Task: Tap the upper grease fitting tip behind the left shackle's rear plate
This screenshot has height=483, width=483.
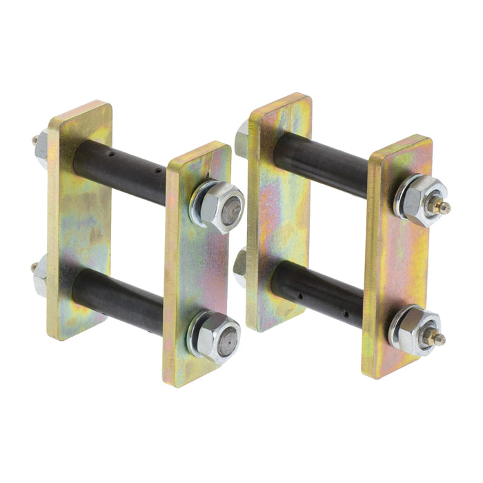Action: [34, 140]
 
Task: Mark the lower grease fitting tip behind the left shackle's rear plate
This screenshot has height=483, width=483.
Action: [33, 268]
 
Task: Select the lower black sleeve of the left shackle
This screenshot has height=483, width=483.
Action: [117, 301]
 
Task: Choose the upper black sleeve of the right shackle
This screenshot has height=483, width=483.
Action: [321, 165]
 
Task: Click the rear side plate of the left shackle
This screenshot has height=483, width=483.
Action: [79, 221]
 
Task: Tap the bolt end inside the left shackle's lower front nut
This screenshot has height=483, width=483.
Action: [228, 339]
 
